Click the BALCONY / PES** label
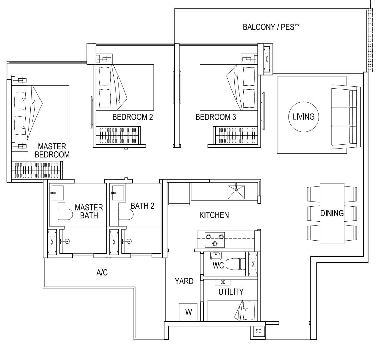click(x=271, y=27)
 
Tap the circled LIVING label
click(x=304, y=117)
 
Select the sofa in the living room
click(x=346, y=117)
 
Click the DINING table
click(x=332, y=214)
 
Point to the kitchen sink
click(x=236, y=192)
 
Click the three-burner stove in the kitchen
click(x=215, y=240)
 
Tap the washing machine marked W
click(x=188, y=312)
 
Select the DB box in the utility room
click(x=223, y=282)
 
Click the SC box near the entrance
click(x=258, y=331)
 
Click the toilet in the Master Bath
click(x=65, y=214)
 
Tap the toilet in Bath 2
click(x=126, y=214)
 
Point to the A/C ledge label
click(x=102, y=272)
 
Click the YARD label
click(x=184, y=281)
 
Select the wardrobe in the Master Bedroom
click(x=37, y=170)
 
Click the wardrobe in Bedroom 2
click(x=119, y=135)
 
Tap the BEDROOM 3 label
click(x=216, y=117)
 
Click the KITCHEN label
click(x=214, y=215)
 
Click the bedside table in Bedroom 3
click(x=249, y=59)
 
